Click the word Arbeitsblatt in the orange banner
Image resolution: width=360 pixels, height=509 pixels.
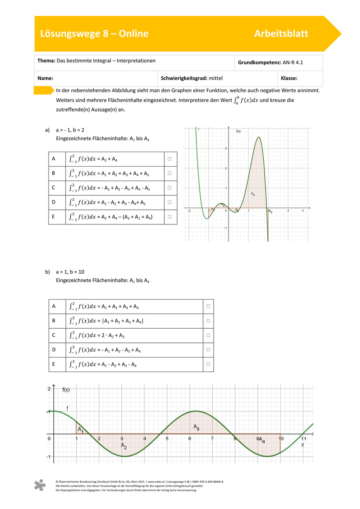pos(281,34)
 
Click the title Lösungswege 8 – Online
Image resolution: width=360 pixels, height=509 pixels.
pos(94,34)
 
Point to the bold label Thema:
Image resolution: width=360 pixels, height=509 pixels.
pos(46,61)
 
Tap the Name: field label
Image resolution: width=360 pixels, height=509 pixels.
pos(46,78)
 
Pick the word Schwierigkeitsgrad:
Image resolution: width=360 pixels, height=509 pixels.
pos(184,78)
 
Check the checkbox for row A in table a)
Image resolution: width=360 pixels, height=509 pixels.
pos(169,159)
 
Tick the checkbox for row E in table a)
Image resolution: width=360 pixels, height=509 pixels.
pos(169,217)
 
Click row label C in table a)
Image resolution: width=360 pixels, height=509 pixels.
pos(53,188)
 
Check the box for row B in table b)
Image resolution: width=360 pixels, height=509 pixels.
pos(208,321)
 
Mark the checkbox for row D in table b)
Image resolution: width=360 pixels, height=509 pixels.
pos(208,350)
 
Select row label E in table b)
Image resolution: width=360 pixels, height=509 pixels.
pos(54,364)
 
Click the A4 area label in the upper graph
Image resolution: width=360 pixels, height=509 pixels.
pos(253,194)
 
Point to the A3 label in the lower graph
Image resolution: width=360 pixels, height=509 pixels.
pos(196,427)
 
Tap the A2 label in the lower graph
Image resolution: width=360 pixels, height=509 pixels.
pos(124,446)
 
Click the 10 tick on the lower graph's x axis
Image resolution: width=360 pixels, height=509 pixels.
pos(280,439)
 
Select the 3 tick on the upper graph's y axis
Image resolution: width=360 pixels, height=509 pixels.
pos(226,148)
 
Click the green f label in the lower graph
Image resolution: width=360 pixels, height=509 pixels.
pos(67,408)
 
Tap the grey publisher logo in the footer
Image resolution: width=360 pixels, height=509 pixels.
pos(40,486)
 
